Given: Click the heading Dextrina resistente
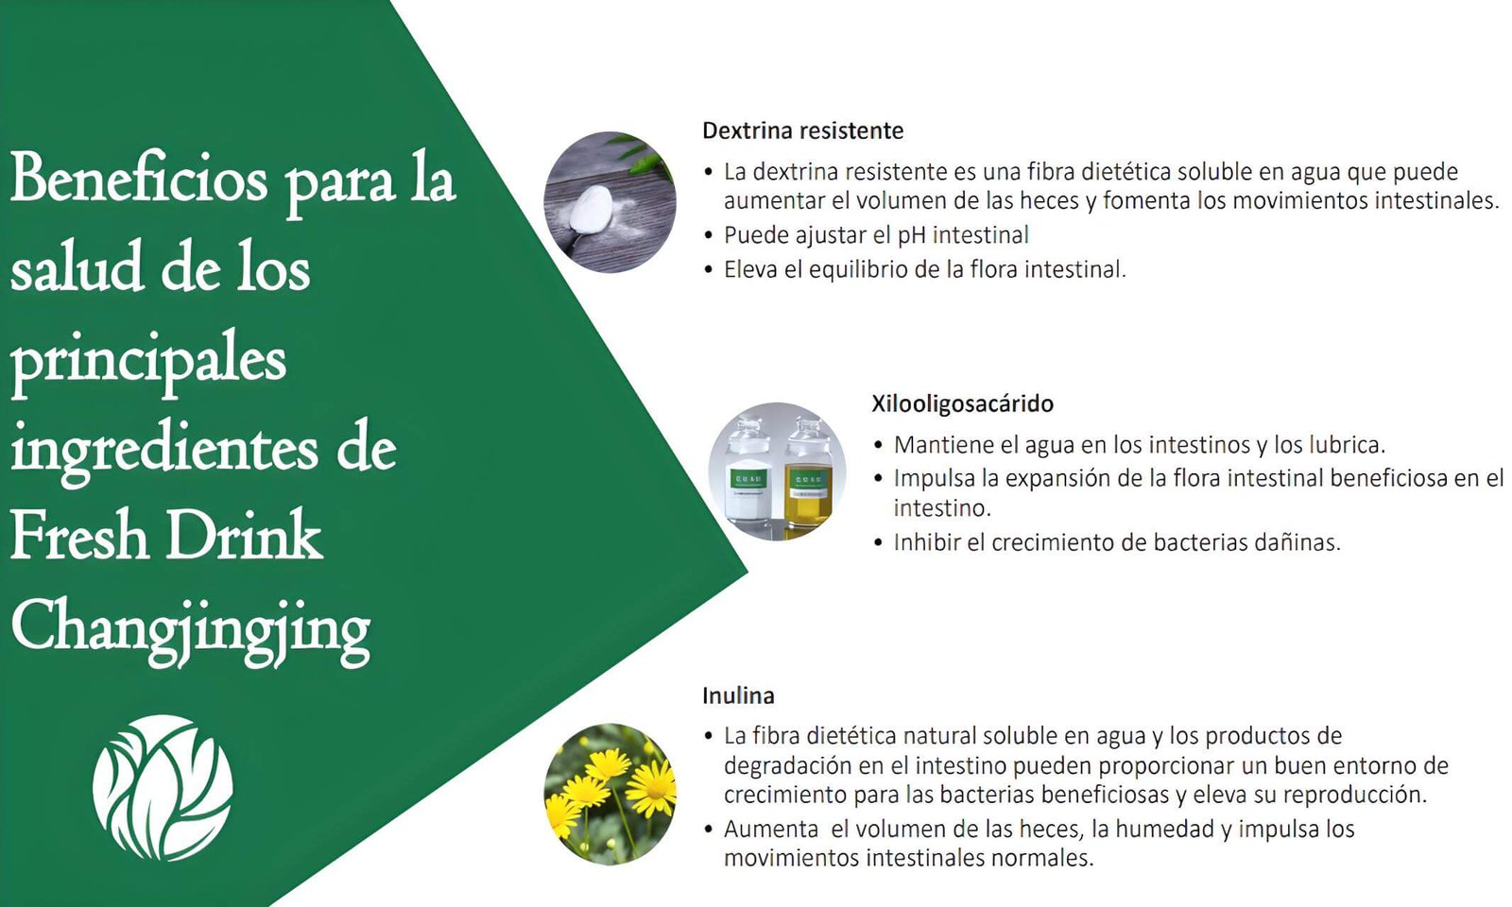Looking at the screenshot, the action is [x=802, y=130].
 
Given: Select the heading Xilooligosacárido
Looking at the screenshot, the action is [x=963, y=403].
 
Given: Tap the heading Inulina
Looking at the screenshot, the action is [x=738, y=695].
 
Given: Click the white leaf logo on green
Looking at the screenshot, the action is [x=163, y=788].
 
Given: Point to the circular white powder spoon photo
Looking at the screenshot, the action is [x=610, y=202].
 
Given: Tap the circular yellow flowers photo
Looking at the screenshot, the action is [x=610, y=795].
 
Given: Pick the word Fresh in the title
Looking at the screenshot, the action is [x=79, y=537].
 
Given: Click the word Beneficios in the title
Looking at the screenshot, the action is [x=140, y=180].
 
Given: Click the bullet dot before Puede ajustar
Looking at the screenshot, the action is [x=708, y=235].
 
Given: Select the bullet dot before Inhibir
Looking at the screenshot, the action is [x=878, y=542].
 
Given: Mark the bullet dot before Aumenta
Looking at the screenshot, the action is [x=708, y=830].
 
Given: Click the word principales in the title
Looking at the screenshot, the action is [x=149, y=362].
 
